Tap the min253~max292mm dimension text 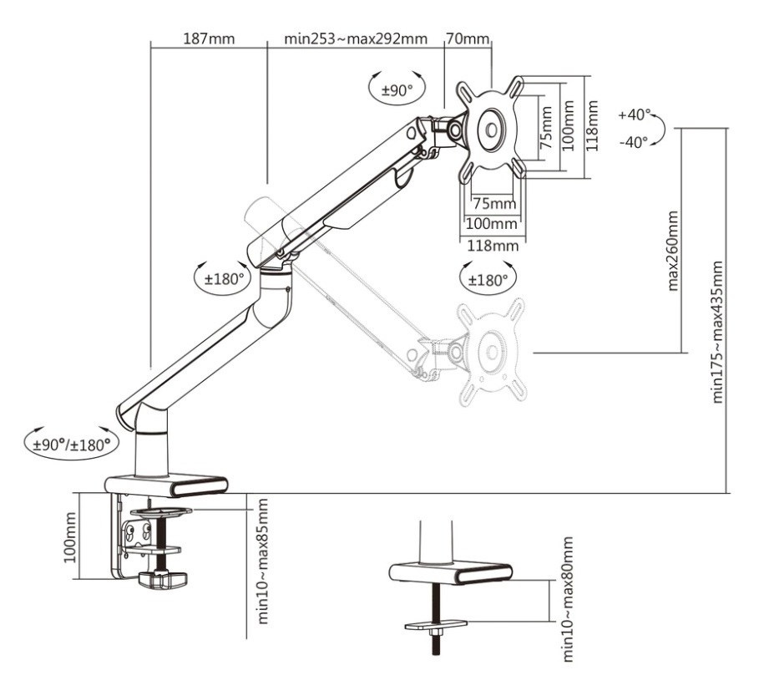(356, 38)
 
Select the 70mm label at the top (468, 38)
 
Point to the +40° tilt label (635, 114)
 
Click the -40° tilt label (635, 142)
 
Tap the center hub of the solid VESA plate (490, 130)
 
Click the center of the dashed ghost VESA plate (489, 353)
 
